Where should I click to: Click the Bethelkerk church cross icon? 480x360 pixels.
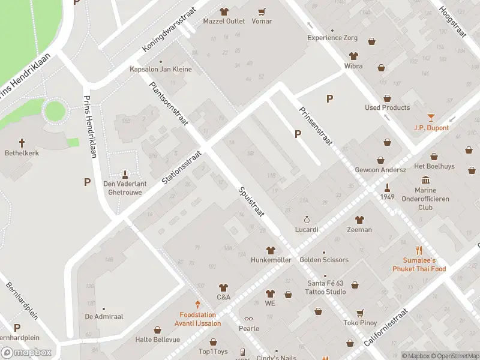(22, 143)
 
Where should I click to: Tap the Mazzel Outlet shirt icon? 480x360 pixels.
(224, 11)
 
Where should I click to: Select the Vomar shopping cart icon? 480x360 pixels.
(262, 11)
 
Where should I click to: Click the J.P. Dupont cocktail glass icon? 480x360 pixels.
(431, 118)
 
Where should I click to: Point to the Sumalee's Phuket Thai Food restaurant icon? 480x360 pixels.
(419, 251)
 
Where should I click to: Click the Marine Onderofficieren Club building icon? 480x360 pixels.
(425, 181)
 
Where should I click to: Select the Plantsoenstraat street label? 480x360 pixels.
(169, 103)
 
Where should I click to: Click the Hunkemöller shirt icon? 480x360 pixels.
(271, 250)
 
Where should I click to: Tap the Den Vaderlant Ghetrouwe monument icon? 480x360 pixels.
(125, 175)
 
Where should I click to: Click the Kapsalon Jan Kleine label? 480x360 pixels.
(161, 69)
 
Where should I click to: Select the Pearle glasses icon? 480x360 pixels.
(249, 319)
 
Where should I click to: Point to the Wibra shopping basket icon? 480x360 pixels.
(372, 42)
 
